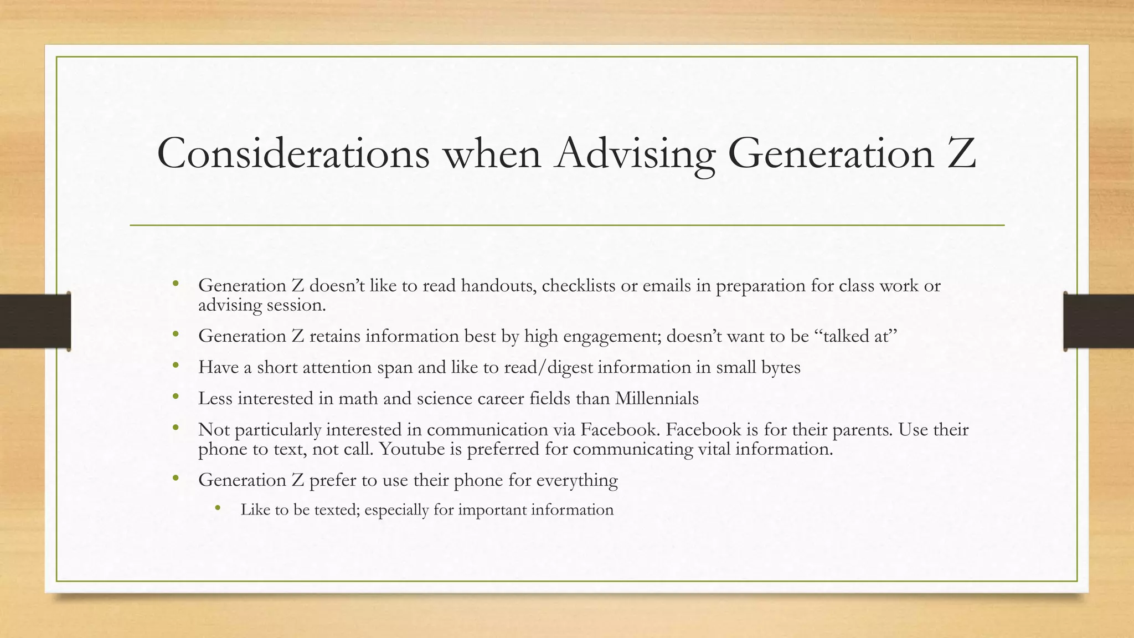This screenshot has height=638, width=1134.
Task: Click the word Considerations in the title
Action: pos(293,153)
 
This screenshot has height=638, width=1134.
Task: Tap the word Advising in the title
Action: pos(635,153)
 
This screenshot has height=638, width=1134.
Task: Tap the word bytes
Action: pos(780,368)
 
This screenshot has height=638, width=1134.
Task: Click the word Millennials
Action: pos(656,399)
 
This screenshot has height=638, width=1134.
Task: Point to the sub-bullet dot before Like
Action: pos(218,508)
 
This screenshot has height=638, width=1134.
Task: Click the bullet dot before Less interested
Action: pos(176,397)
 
